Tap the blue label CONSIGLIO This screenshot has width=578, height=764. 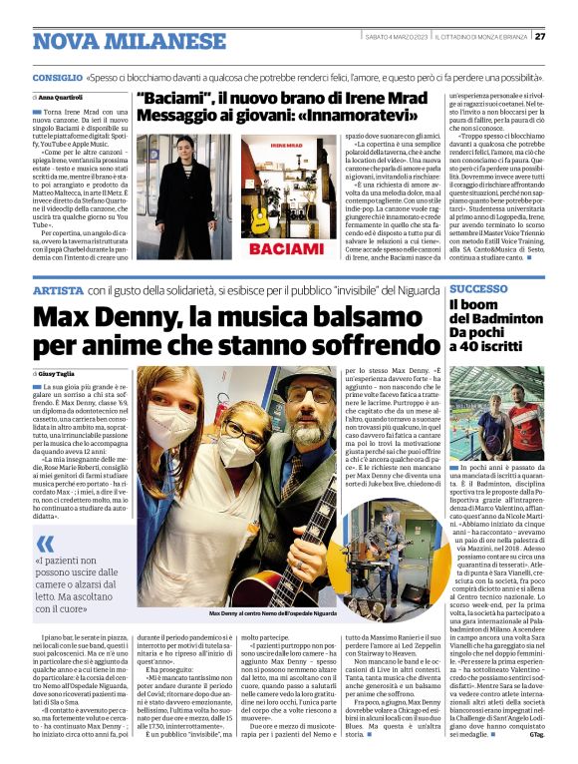[57, 77]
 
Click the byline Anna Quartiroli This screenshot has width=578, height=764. [62, 97]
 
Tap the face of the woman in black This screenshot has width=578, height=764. [186, 150]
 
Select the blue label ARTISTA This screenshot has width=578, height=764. [57, 289]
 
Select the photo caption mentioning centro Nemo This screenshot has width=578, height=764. [272, 613]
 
